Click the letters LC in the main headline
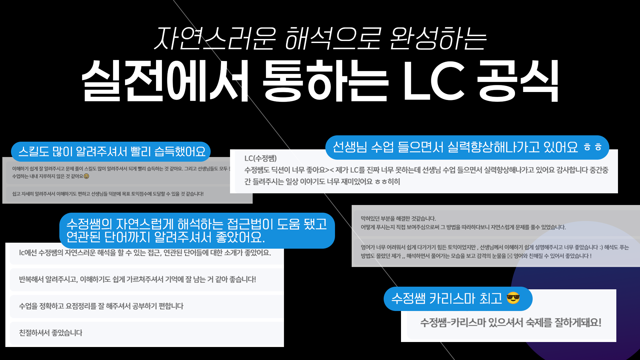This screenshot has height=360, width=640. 433,81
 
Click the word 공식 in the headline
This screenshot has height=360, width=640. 518,81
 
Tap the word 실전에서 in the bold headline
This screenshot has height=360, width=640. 165,81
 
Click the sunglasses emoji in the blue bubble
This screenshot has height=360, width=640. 513,298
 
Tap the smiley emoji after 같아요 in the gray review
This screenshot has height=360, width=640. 86,176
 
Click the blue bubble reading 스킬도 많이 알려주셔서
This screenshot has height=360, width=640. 111,152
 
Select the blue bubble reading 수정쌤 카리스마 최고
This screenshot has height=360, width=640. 457,299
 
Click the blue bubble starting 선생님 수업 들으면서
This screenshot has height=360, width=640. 467,147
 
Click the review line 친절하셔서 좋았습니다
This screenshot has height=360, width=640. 51,333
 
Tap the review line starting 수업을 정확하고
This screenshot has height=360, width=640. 101,306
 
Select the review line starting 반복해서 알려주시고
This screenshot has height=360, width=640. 137,279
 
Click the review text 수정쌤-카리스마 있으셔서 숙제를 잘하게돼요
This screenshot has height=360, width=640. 511,322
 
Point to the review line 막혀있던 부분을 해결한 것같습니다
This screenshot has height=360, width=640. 398,219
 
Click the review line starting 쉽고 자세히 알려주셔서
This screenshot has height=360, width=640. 108,194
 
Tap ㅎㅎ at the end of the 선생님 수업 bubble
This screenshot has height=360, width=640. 593,147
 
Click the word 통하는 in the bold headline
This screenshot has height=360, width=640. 325,81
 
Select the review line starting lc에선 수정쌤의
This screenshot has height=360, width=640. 145,253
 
